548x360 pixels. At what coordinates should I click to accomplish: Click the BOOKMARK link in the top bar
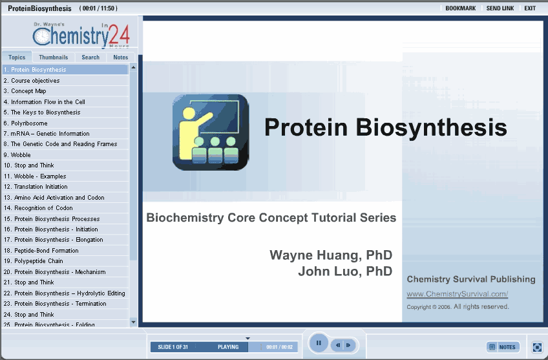pyautogui.click(x=460, y=8)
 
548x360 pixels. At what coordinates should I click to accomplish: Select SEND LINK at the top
pyautogui.click(x=500, y=8)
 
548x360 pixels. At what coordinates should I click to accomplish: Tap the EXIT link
pyautogui.click(x=530, y=8)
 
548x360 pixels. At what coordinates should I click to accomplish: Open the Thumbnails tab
pyautogui.click(x=54, y=57)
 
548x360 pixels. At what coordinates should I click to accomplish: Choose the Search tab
pyautogui.click(x=90, y=57)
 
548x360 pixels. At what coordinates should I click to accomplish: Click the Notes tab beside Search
pyautogui.click(x=121, y=57)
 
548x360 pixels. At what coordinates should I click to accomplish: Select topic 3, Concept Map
pyautogui.click(x=25, y=91)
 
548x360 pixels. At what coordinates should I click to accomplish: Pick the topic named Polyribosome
pyautogui.click(x=25, y=123)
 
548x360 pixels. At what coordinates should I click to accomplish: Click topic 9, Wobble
pyautogui.click(x=17, y=155)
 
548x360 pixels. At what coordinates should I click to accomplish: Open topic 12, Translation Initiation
pyautogui.click(x=36, y=187)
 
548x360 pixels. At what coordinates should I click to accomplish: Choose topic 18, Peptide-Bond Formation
pyautogui.click(x=41, y=250)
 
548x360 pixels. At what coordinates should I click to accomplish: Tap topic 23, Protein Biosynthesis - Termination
pyautogui.click(x=55, y=303)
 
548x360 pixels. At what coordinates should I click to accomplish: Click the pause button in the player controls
pyautogui.click(x=319, y=343)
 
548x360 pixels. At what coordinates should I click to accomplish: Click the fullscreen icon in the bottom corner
pyautogui.click(x=537, y=347)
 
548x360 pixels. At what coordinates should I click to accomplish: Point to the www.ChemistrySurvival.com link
pyautogui.click(x=457, y=294)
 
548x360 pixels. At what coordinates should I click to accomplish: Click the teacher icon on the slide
pyautogui.click(x=211, y=132)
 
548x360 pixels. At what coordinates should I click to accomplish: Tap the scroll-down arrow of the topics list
pyautogui.click(x=133, y=322)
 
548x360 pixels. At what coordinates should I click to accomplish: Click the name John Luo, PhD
pyautogui.click(x=345, y=271)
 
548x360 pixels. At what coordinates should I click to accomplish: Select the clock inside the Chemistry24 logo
pyautogui.click(x=42, y=36)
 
